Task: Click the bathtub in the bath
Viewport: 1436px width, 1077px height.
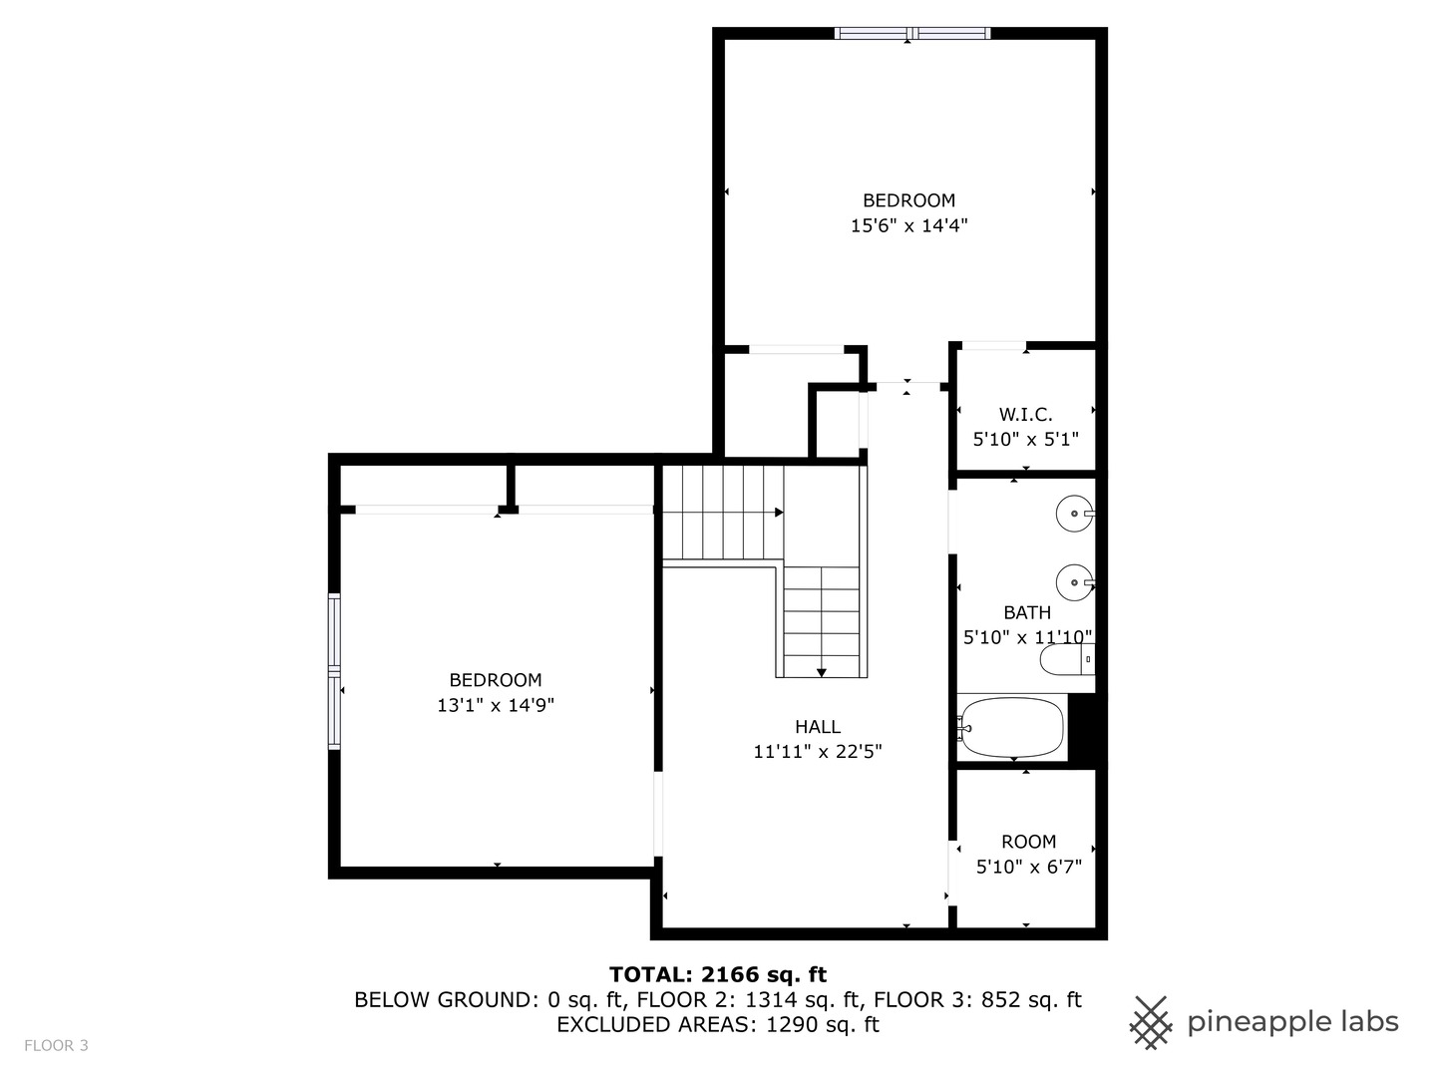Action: click(1012, 728)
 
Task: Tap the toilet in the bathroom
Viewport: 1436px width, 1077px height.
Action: click(1067, 659)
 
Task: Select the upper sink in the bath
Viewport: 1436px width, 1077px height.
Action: click(1075, 514)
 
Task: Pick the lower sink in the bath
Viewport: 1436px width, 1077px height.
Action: click(1075, 582)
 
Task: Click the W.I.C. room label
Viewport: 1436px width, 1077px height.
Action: click(1025, 414)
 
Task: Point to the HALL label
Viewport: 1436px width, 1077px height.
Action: click(817, 727)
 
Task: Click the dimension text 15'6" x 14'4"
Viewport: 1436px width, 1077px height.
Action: click(908, 225)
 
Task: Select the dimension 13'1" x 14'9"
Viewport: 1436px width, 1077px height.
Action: click(496, 705)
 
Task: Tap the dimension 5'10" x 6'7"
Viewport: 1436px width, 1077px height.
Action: click(1028, 867)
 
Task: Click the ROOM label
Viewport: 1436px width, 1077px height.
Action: click(1028, 842)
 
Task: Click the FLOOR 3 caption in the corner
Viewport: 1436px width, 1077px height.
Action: click(56, 1046)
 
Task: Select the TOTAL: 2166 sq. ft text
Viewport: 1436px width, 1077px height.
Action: click(718, 975)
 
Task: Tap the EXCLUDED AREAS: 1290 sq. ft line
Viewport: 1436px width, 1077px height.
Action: click(718, 1025)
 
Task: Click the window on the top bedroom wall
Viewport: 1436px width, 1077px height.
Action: click(912, 33)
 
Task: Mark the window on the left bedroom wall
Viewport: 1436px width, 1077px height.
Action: click(334, 670)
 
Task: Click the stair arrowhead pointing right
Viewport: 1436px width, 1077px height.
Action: click(779, 512)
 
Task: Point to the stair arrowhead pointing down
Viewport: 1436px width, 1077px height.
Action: click(821, 673)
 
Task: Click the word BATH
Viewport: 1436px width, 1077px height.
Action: click(1027, 612)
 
